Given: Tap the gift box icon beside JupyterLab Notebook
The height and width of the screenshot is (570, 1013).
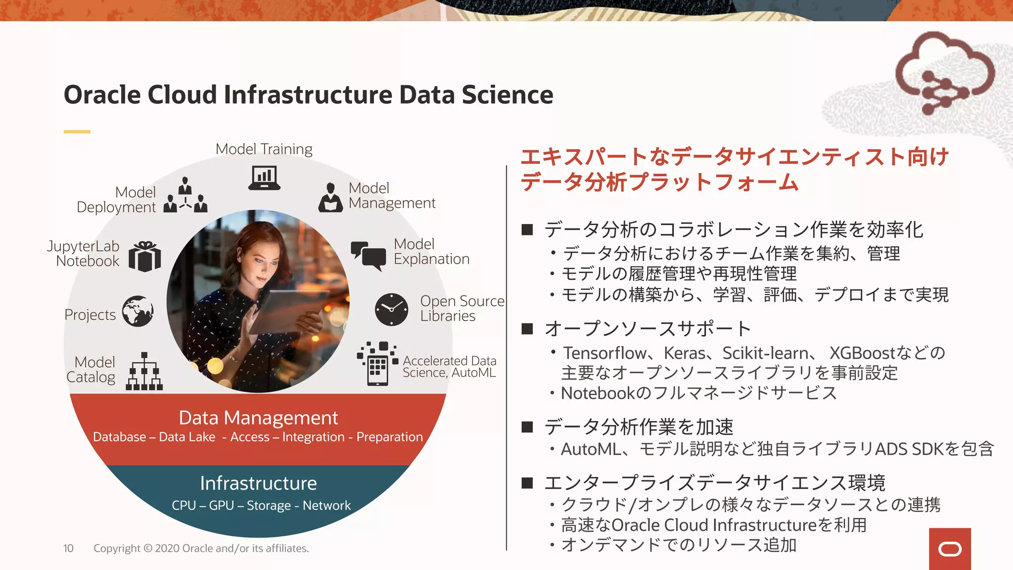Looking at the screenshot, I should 145,256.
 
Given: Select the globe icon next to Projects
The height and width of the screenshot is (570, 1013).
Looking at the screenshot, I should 138,311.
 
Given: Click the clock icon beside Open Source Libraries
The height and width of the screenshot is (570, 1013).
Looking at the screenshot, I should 391,309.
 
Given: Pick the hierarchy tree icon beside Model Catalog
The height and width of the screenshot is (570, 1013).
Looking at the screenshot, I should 144,372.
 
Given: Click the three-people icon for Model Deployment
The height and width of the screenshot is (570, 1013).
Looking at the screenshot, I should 185,195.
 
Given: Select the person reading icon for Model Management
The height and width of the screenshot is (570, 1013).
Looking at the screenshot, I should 330,197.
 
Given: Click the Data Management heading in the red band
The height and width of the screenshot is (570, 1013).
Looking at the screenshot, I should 258,418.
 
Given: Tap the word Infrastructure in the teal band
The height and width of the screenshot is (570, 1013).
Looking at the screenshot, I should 258,483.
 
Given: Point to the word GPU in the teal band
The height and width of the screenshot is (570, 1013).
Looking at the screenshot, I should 221,506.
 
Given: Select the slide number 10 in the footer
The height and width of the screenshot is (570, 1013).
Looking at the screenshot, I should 68,548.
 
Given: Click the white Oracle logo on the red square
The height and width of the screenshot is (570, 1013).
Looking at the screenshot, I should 950,549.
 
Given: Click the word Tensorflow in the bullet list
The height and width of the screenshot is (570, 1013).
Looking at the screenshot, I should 604,353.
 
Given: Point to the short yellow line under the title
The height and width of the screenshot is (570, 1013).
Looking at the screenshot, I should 77,132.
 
